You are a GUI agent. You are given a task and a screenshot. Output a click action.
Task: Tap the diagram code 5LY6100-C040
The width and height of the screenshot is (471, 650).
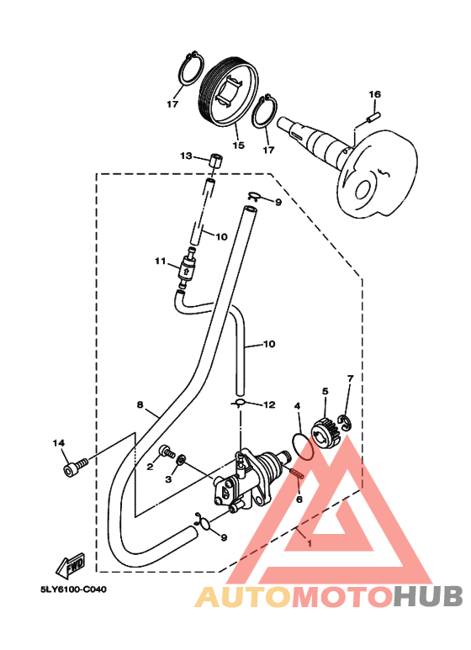73,589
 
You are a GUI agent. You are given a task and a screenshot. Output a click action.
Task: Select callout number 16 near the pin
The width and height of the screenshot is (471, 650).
375,94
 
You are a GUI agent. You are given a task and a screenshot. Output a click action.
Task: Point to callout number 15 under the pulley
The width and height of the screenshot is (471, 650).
238,145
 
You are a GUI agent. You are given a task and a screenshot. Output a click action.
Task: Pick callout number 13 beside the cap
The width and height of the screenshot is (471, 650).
186,156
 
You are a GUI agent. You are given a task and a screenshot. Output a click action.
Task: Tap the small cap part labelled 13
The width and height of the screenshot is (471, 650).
215,161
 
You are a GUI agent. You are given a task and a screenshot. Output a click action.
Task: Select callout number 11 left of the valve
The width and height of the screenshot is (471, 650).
161,262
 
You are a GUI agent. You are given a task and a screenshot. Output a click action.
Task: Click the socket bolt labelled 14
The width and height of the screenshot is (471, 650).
76,467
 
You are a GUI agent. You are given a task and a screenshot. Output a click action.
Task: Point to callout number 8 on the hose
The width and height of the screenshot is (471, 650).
140,404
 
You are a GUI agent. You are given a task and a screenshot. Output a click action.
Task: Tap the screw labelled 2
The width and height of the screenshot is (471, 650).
167,452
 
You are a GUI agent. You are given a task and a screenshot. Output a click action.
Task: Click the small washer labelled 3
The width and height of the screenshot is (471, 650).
181,459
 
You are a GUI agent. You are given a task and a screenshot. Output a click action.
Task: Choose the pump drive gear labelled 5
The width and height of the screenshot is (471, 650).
326,433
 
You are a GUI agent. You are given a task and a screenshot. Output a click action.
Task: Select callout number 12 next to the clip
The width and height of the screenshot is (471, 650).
269,404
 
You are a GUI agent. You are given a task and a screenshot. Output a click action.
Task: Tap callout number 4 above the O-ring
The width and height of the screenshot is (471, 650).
297,407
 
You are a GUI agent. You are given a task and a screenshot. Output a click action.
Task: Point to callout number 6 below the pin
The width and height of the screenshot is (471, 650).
299,499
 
